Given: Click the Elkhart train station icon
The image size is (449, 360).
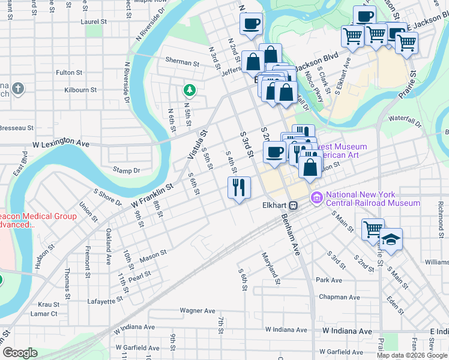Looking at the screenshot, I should pyautogui.click(x=294, y=205).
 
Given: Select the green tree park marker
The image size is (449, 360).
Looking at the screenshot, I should pyautogui.click(x=190, y=91).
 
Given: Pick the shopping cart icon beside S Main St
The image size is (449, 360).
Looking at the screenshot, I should pyautogui.click(x=372, y=229).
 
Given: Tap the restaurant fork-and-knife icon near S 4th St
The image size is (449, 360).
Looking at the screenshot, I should pyautogui.click(x=239, y=187).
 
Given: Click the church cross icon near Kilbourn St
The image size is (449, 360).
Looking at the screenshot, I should pyautogui.click(x=18, y=89).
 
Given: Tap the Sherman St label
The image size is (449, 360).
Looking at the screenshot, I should pyautogui.click(x=182, y=62).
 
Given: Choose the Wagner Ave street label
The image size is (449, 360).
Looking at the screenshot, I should pyautogui.click(x=197, y=311).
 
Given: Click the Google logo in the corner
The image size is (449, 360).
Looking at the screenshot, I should pyautogui.click(x=20, y=353).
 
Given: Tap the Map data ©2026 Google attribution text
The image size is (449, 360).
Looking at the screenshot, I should pyautogui.click(x=411, y=355).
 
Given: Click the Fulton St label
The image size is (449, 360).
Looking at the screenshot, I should pyautogui.click(x=69, y=73).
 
